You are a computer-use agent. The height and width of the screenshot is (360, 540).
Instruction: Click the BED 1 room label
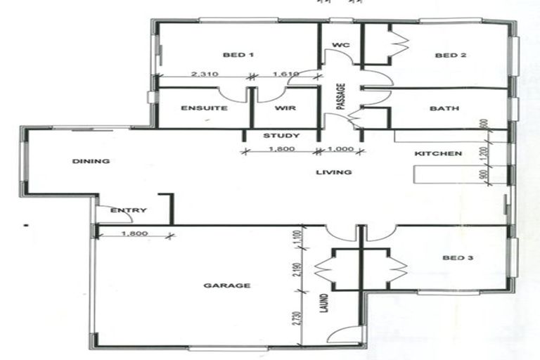tap(237, 56)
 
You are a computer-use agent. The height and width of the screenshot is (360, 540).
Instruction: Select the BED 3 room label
tap(458, 258)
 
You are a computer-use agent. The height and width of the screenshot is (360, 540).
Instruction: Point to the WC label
tap(340, 45)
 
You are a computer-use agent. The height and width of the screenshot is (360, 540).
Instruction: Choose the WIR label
tap(284, 108)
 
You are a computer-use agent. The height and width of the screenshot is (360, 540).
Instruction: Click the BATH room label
tap(444, 108)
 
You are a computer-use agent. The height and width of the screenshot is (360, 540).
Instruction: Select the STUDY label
tap(281, 136)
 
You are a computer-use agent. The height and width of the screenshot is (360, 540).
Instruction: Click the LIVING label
tap(333, 172)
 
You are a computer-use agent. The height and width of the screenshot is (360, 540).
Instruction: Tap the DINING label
tap(91, 161)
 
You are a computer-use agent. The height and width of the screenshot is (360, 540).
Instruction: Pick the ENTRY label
tap(129, 210)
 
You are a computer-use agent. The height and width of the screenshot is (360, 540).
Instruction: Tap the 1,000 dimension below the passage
tap(343, 149)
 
